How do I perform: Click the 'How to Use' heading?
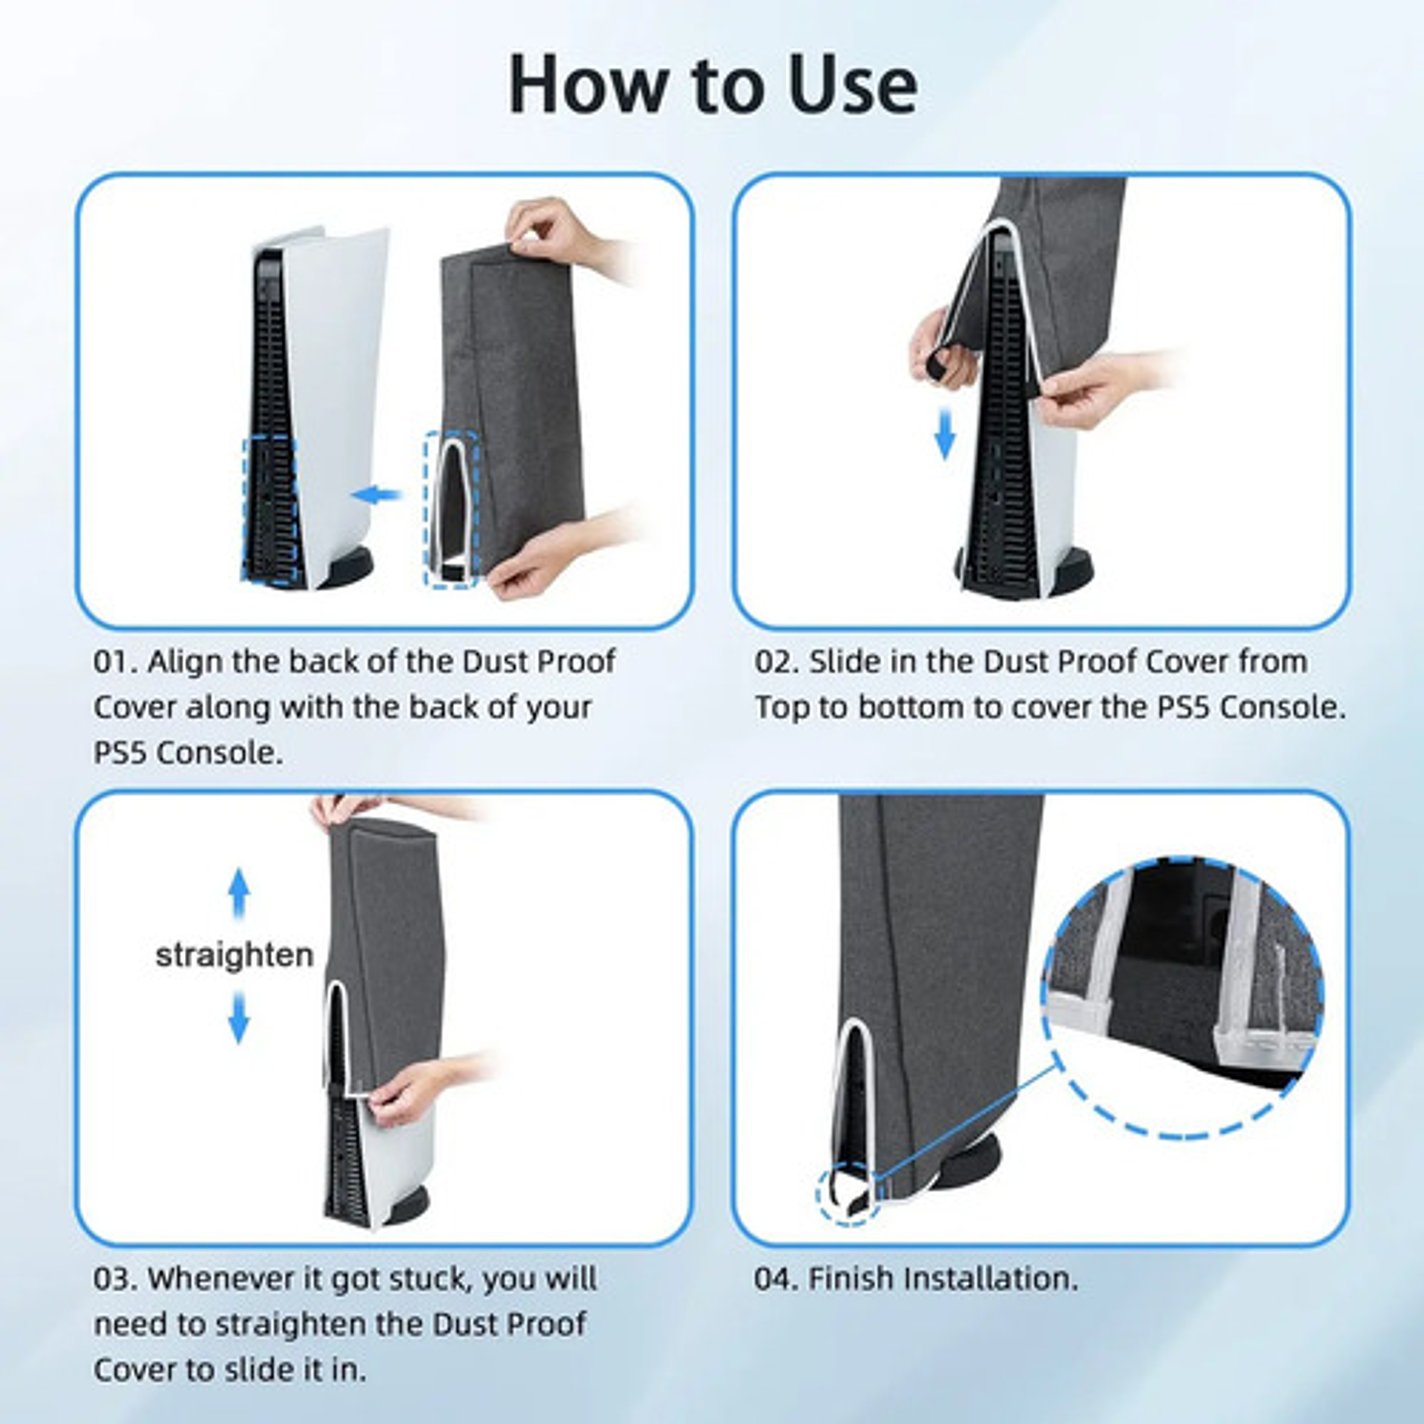tap(712, 85)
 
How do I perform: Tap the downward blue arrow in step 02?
tap(945, 434)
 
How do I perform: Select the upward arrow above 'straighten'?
tap(238, 892)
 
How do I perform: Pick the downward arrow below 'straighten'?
tap(238, 1018)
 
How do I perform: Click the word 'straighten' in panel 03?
tap(234, 955)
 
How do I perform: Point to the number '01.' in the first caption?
tap(115, 662)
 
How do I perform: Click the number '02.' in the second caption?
tap(776, 662)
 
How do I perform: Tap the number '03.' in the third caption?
tap(115, 1279)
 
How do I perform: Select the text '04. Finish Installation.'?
tap(916, 1279)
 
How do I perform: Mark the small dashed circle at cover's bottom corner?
tap(848, 1195)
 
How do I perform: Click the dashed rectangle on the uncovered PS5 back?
tap(269, 509)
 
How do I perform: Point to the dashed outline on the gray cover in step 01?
tap(452, 509)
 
